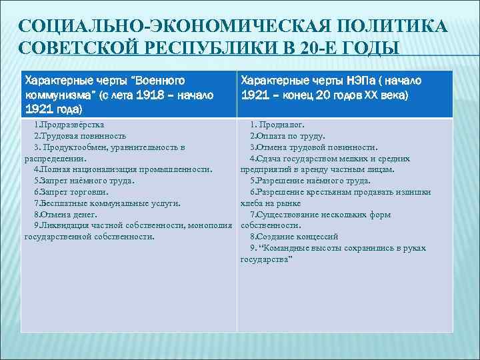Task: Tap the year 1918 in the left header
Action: pyautogui.click(x=143, y=95)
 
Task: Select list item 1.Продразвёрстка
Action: pyautogui.click(x=69, y=125)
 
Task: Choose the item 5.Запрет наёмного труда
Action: pyautogui.click(x=84, y=181)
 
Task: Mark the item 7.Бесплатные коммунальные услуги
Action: pyautogui.click(x=107, y=203)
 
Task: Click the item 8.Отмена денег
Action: pyautogui.click(x=65, y=214)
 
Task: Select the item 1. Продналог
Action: pyautogui.click(x=278, y=125)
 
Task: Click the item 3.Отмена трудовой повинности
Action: pyautogui.click(x=313, y=147)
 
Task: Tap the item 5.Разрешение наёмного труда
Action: pyautogui.click(x=310, y=181)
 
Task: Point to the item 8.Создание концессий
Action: pyautogui.click(x=294, y=237)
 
